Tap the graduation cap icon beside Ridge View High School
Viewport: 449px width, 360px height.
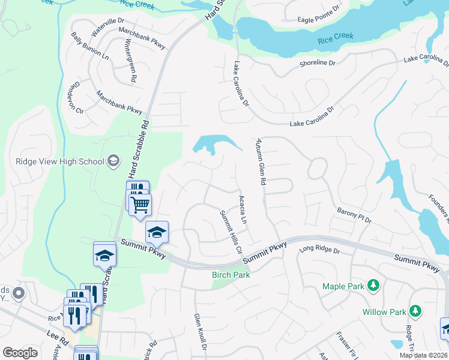pos(114,161)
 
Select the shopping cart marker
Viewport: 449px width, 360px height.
pos(140,205)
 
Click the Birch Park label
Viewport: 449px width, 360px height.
pos(231,275)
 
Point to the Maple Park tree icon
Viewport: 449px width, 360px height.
pos(373,284)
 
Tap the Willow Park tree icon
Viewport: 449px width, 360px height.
pos(415,311)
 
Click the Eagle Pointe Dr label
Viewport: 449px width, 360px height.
pos(323,20)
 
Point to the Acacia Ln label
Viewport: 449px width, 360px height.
pos(243,209)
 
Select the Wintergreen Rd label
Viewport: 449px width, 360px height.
pos(130,62)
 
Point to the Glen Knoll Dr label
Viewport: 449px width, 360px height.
pos(200,332)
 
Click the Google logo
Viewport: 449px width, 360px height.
pos(20,353)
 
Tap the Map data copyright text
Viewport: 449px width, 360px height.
pos(424,355)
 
